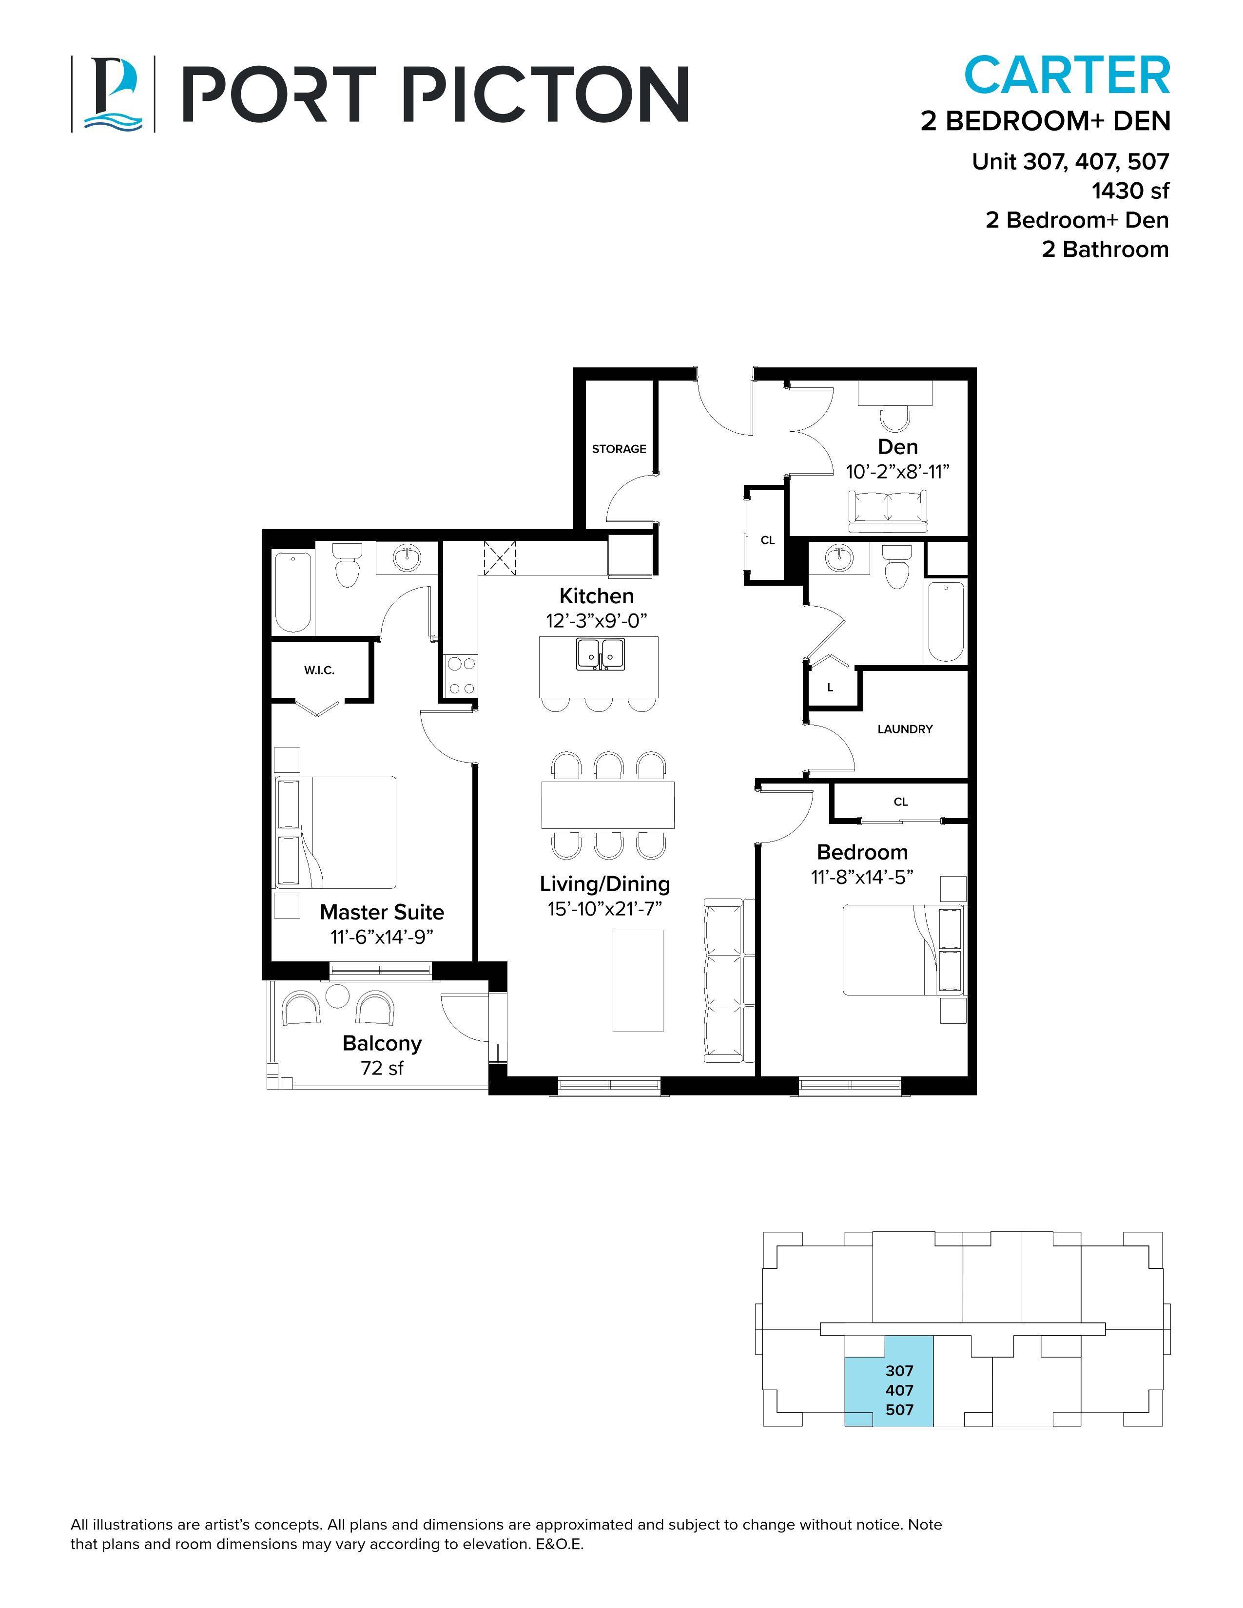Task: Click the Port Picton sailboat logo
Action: [x=112, y=94]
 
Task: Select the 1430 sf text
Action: [x=1129, y=191]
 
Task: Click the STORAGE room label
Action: [x=619, y=448]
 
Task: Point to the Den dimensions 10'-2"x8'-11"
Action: [x=897, y=471]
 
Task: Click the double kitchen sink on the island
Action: [x=601, y=654]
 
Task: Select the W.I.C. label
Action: [x=319, y=670]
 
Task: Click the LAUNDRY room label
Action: [x=904, y=729]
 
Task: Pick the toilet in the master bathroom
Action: [x=346, y=565]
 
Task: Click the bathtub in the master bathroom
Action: [x=293, y=591]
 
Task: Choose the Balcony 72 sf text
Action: [x=382, y=1055]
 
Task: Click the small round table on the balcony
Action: [x=338, y=996]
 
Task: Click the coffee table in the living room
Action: [x=638, y=980]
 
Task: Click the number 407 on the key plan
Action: [x=899, y=1390]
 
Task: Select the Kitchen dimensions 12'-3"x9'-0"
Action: [x=596, y=621]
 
